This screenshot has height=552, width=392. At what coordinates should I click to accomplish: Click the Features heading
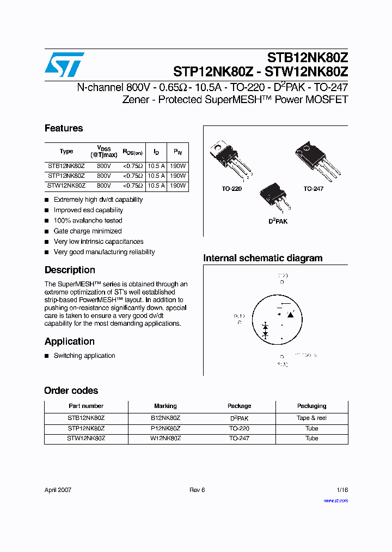(64, 129)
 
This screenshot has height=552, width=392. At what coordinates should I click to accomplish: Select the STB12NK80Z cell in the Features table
(66, 166)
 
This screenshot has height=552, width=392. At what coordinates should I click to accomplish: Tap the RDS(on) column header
(132, 152)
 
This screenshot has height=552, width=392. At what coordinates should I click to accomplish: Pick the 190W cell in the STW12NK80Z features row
(177, 186)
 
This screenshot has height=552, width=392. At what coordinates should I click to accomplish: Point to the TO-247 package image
(318, 158)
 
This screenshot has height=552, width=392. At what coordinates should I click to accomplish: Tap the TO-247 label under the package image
(314, 189)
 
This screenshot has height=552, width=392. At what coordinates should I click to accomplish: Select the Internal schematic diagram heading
(262, 259)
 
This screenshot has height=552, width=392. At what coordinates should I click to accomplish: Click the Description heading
(70, 270)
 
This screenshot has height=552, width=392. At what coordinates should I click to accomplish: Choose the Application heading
(69, 341)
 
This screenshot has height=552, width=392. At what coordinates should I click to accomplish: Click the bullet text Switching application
(84, 356)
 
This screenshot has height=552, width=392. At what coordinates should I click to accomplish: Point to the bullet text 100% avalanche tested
(88, 221)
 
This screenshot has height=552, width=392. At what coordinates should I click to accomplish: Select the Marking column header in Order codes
(166, 406)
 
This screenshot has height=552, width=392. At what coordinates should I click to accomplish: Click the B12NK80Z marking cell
(166, 418)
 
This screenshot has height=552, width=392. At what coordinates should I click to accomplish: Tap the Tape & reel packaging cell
(311, 418)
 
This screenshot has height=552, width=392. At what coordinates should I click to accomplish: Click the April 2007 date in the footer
(58, 490)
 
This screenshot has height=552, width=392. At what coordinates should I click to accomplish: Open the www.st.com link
(335, 501)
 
